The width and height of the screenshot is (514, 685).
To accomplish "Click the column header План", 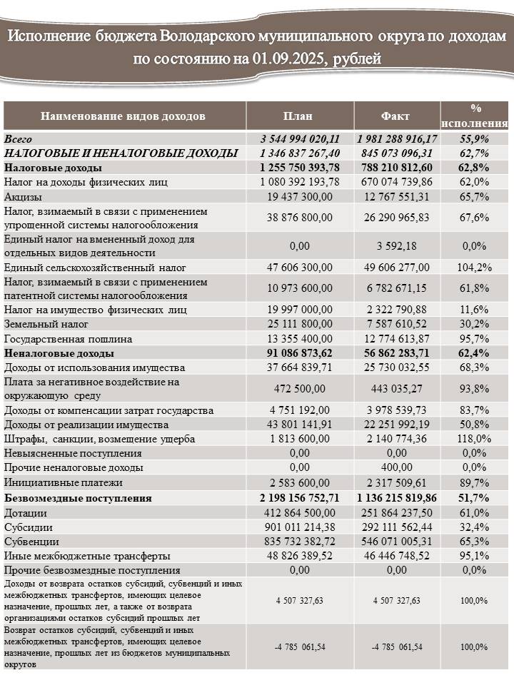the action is point(298,116).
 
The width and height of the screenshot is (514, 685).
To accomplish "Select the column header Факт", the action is point(395,116).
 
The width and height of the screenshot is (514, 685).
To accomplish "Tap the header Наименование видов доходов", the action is point(123,116).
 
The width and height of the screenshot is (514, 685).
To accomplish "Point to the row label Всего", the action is point(18,139).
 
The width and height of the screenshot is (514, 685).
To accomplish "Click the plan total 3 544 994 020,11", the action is point(300,139).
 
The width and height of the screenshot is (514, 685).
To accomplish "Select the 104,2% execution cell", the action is point(474,268).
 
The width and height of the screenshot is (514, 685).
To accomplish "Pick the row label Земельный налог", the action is point(46,324).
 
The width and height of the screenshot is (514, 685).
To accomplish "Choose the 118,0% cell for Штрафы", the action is point(474,439).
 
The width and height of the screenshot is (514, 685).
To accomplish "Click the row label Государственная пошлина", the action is point(68,339).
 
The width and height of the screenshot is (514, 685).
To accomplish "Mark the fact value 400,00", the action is point(397,467).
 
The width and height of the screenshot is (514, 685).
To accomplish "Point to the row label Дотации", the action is point(26,513).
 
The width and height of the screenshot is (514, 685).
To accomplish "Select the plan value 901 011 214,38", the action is point(300,527).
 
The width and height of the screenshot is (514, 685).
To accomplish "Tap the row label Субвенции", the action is point(31,542).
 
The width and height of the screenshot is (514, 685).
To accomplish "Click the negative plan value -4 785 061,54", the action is point(300,647).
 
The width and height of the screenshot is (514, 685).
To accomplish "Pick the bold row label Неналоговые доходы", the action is point(59,353).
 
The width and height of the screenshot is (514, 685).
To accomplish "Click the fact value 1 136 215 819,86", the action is point(397,498).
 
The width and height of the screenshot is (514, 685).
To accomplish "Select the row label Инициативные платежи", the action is point(64,483).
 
